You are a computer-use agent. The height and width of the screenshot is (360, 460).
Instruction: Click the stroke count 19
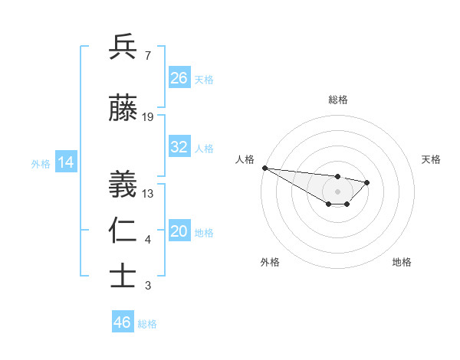pyautogui.click(x=148, y=117)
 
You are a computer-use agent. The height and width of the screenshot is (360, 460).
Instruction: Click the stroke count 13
pyautogui.click(x=148, y=194)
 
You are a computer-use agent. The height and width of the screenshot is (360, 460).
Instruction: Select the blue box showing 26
pyautogui.click(x=179, y=77)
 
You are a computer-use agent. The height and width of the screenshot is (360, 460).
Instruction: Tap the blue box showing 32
pyautogui.click(x=179, y=147)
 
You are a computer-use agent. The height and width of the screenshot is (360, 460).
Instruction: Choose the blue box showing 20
pyautogui.click(x=179, y=232)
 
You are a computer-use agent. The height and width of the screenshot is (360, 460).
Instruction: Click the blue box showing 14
pyautogui.click(x=65, y=162)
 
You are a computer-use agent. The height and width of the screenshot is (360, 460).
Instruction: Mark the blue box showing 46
pyautogui.click(x=123, y=322)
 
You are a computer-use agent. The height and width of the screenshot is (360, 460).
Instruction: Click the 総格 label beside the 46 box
pyautogui.click(x=147, y=324)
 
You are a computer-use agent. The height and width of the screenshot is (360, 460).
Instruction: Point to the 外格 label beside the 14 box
pyautogui.click(x=41, y=163)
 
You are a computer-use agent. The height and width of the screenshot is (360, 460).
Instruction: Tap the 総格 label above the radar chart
pyautogui.click(x=337, y=100)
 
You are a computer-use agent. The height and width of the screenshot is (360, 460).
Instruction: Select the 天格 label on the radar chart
pyautogui.click(x=432, y=159)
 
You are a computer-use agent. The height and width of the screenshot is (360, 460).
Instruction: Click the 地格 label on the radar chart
pyautogui.click(x=402, y=262)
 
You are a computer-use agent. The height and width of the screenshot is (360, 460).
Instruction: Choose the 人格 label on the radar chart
pyautogui.click(x=244, y=159)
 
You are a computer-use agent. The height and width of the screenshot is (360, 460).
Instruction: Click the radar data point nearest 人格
pyautogui.click(x=264, y=168)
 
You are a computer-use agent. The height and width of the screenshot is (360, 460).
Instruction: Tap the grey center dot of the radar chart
pyautogui.click(x=337, y=191)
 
